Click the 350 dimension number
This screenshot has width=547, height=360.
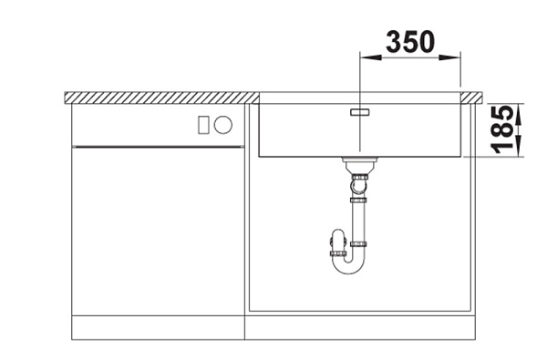pos(410,42)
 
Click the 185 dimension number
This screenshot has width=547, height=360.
pos(502,129)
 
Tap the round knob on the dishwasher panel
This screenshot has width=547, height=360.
pos(223,125)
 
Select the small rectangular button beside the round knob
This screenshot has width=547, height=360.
pos(203,125)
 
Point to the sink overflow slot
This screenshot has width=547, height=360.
pos(360,112)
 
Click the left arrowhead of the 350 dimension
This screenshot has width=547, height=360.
pos(370,57)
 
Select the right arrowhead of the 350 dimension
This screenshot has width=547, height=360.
pos(449,57)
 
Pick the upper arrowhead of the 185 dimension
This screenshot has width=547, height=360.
pos(519,114)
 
